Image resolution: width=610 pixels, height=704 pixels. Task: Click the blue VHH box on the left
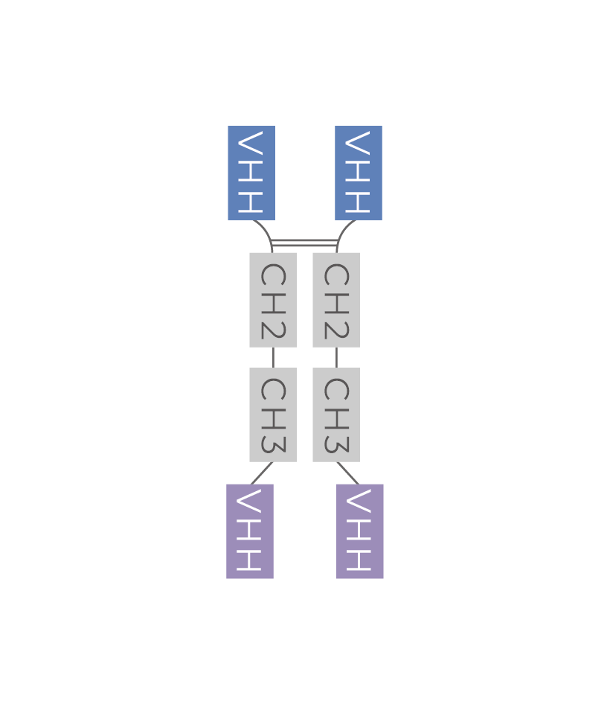(x=251, y=173)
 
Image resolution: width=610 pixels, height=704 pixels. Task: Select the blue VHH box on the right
(x=358, y=173)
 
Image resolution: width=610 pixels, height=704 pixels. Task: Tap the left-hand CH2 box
(x=272, y=299)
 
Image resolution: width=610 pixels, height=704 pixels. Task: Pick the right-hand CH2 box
(x=335, y=299)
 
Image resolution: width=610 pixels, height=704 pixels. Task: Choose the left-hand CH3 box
(x=272, y=415)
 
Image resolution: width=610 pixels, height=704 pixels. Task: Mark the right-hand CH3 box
(x=335, y=415)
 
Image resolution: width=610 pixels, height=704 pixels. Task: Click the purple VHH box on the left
(x=249, y=531)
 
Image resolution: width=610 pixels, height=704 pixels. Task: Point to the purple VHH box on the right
(x=359, y=531)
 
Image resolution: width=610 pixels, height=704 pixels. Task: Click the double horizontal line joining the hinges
(x=304, y=242)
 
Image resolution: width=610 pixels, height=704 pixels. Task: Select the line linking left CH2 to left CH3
(x=273, y=357)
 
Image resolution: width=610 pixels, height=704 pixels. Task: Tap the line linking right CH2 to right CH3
(x=336, y=357)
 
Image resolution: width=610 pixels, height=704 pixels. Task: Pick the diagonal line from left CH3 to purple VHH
(x=262, y=473)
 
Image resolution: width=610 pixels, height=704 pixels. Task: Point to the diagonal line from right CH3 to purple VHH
(x=347, y=473)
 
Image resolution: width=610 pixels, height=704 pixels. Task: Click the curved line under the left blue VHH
(x=266, y=231)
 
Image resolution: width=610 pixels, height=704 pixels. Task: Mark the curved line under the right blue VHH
(x=343, y=231)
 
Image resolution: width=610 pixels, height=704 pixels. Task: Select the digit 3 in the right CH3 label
(x=335, y=443)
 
